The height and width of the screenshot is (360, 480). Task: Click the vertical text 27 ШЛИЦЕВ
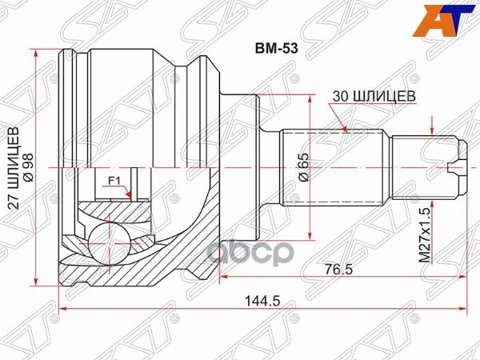13,169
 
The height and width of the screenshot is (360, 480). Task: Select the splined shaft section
337,166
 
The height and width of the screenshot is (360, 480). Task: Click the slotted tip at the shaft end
458,166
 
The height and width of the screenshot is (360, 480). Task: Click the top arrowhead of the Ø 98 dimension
37,53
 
